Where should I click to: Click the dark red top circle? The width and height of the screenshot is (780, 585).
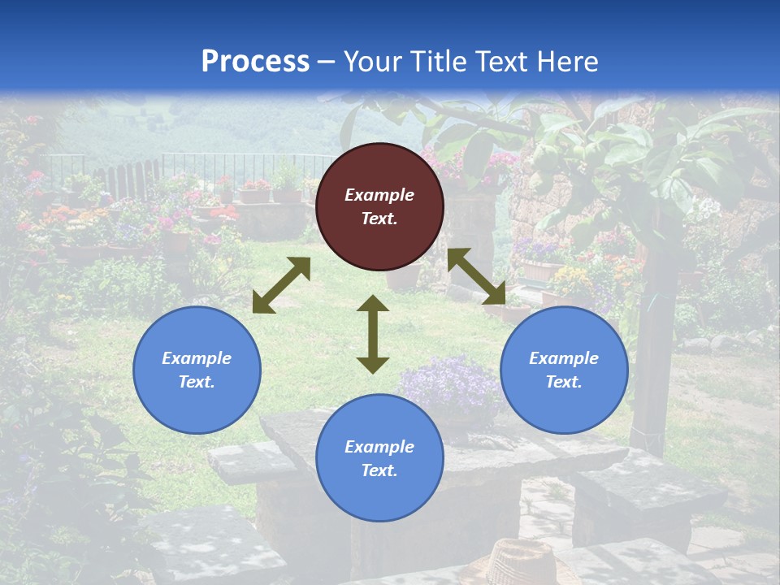tap(379, 206)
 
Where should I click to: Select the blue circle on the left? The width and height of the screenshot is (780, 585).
tap(197, 370)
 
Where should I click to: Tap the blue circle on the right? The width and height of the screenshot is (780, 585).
tap(564, 370)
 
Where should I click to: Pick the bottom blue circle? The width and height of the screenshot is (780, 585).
tap(379, 458)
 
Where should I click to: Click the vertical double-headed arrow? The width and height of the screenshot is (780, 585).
tap(373, 334)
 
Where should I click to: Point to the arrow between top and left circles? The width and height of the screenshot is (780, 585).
tap(281, 285)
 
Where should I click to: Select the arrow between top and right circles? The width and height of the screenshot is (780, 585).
tap(477, 276)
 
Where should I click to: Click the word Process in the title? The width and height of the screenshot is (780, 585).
tap(255, 61)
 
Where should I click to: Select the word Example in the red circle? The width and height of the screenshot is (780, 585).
tap(379, 195)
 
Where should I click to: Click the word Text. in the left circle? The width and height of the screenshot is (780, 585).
tap(197, 382)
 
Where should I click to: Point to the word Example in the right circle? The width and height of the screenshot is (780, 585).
tap(564, 358)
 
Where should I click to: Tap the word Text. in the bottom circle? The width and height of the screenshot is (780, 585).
tap(379, 470)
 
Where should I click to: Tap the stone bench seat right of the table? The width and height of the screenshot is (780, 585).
tap(650, 487)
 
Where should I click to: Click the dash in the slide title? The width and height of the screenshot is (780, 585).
tap(327, 61)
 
